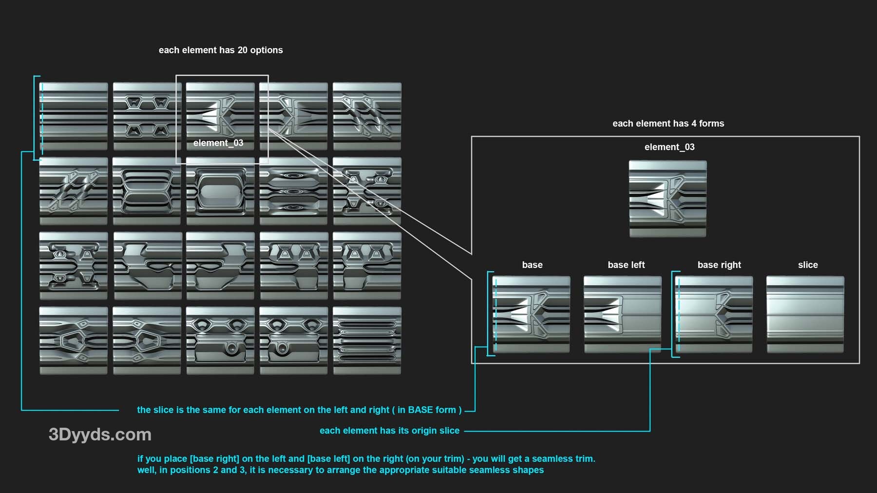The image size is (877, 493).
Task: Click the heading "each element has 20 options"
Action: [x=221, y=50]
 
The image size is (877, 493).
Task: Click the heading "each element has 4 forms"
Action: [x=668, y=124]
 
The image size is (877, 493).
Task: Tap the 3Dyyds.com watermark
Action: [x=100, y=435]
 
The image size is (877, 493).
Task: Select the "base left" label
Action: [x=626, y=265]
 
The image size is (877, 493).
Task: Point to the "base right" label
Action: [x=719, y=265]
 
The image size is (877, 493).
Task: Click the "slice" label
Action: [x=808, y=265]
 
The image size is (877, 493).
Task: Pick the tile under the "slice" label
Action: [x=805, y=314]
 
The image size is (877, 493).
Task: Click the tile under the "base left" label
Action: [x=623, y=314]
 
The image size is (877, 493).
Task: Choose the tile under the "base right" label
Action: [x=714, y=314]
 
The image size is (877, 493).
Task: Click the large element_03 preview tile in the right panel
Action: [x=668, y=199]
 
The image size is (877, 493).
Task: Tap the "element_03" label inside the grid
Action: [x=218, y=143]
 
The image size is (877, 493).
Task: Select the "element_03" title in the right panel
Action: [x=669, y=147]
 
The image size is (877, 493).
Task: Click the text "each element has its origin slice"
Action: [x=389, y=431]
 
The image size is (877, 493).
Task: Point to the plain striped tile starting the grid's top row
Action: [x=74, y=116]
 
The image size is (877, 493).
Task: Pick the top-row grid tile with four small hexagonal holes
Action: [x=147, y=116]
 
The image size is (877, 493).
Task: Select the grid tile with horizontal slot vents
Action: [x=367, y=341]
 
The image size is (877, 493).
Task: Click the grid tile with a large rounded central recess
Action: [x=220, y=191]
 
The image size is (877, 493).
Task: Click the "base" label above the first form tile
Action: [x=532, y=265]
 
